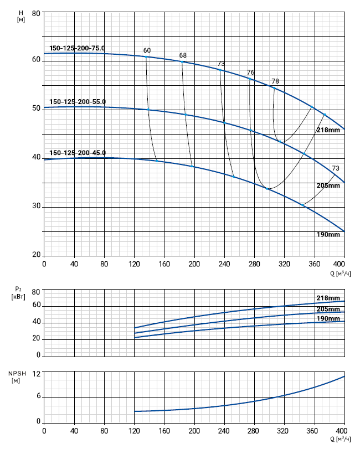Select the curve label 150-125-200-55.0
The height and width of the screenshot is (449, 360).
[x=78, y=101]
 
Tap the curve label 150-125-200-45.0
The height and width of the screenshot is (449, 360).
[x=78, y=153]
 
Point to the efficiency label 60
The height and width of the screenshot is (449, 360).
[x=147, y=50]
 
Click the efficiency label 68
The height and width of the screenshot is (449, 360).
[x=183, y=55]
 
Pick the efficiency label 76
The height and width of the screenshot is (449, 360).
[x=250, y=73]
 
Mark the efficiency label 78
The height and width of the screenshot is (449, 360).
[x=275, y=81]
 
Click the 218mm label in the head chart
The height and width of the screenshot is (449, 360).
[x=328, y=130]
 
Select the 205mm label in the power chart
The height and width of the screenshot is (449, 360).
[x=328, y=309]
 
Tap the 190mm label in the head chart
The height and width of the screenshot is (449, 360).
[x=328, y=235]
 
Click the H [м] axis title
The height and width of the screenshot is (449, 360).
[x=20, y=16]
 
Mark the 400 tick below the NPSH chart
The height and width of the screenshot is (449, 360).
[x=341, y=431]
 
